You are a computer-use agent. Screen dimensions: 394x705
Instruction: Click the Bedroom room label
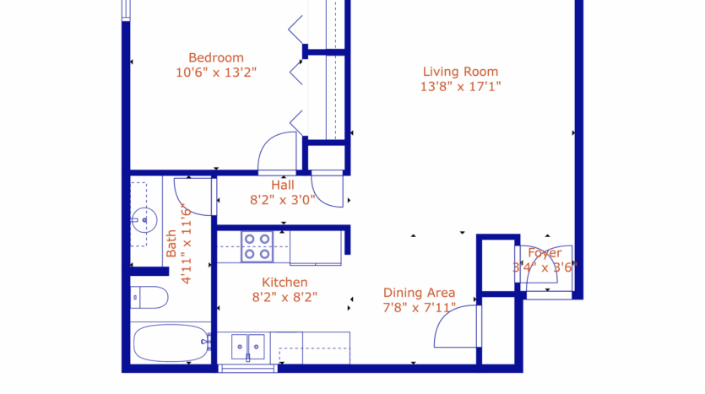[215, 57]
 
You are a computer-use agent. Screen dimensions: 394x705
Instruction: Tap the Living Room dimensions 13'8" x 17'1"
[460, 86]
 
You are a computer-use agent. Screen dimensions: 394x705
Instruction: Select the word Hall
[283, 185]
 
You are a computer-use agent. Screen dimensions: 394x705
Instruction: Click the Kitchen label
[285, 282]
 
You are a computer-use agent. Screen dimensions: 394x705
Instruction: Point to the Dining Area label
[419, 293]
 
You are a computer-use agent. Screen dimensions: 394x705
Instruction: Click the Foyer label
[545, 253]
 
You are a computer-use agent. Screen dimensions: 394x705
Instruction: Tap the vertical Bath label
[171, 244]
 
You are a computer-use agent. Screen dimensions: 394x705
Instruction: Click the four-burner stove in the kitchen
[257, 246]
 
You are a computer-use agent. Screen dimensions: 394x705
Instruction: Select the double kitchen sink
[249, 345]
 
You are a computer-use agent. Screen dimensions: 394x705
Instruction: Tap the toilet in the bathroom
[149, 298]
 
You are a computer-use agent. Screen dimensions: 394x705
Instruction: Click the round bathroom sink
[144, 220]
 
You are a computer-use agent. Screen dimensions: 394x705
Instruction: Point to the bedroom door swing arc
[275, 150]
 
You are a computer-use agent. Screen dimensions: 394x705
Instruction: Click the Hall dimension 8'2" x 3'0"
[283, 200]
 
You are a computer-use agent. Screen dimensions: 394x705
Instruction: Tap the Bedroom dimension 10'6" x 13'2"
[215, 73]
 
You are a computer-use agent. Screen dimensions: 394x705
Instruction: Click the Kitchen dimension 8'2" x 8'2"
[285, 297]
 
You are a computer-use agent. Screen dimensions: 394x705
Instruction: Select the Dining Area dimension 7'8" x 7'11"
[419, 308]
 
